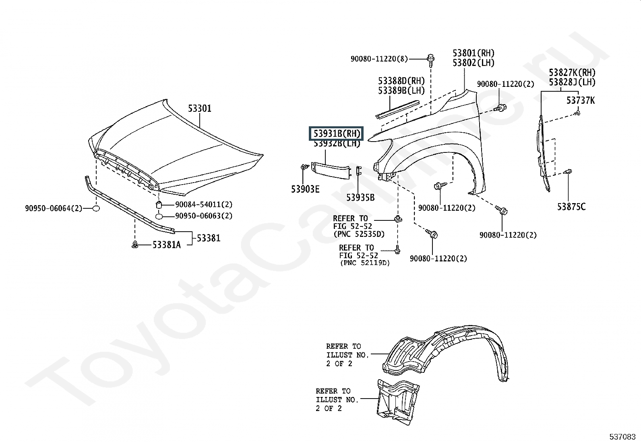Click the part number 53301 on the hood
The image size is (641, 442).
click(199, 109)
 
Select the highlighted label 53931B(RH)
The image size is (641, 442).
click(336, 134)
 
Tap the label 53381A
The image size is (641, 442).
click(167, 245)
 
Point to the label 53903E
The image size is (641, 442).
click(305, 189)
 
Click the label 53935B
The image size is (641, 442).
click(360, 197)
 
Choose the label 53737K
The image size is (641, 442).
click(581, 101)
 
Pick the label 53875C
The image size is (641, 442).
click(571, 207)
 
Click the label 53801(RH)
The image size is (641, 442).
click(474, 53)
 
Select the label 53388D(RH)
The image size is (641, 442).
click(401, 81)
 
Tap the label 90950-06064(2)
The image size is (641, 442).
click(54, 208)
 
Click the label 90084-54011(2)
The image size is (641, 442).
click(204, 205)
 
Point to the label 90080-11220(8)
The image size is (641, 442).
click(379, 59)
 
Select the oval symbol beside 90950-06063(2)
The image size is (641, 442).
click(159, 216)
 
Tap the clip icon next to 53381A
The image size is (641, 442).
click(135, 245)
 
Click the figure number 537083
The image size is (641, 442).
click(622, 437)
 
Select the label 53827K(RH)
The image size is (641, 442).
click(572, 73)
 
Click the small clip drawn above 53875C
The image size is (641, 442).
click(568, 172)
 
